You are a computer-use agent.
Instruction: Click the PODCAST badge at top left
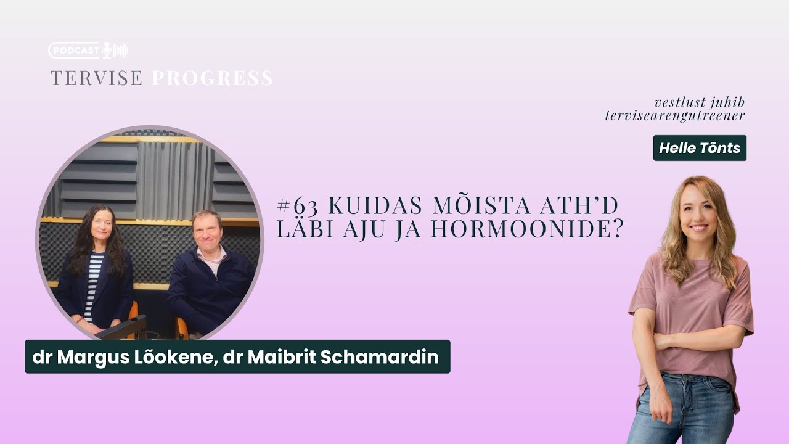click(75, 51)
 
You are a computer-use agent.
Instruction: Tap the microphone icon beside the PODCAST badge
click(107, 51)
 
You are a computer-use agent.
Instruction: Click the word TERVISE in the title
click(97, 78)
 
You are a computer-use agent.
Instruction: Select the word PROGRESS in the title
click(212, 78)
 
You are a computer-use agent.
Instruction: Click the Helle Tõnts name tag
click(700, 148)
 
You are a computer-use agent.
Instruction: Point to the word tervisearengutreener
click(675, 115)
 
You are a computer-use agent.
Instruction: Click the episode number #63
click(298, 205)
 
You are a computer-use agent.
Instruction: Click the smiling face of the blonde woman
click(698, 213)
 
